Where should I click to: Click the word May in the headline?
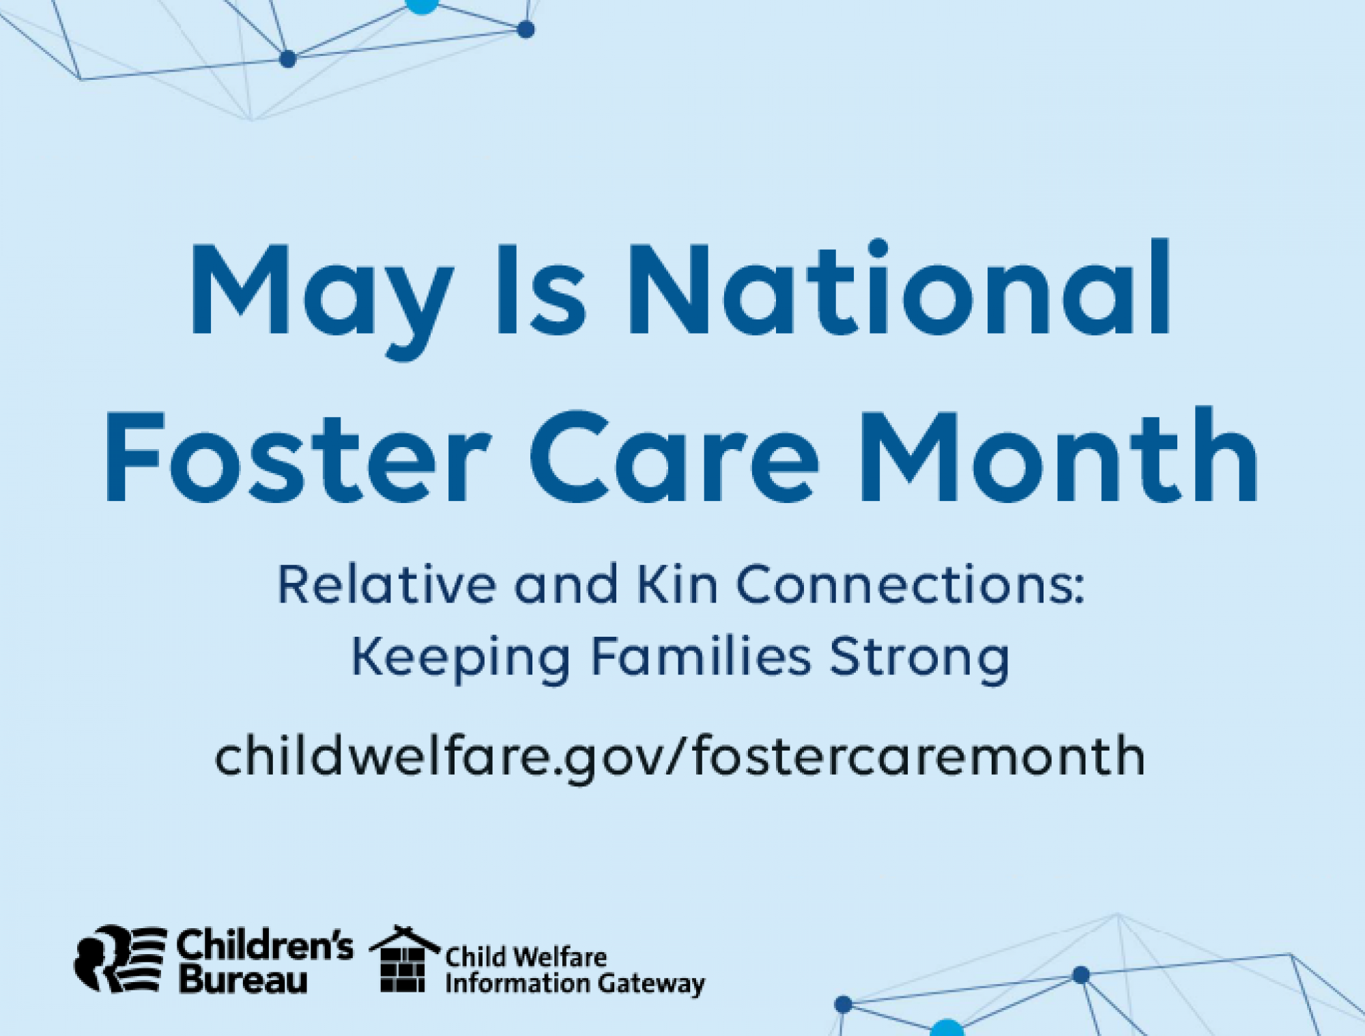coord(321,293)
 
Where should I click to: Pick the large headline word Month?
coord(1057,456)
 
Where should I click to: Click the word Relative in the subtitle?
coord(386,586)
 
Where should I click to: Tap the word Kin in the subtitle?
coord(676,586)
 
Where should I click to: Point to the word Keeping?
coord(460,658)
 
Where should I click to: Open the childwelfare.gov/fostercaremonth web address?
coord(680,757)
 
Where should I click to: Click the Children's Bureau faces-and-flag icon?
coord(120,958)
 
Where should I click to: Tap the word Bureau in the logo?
coord(243,981)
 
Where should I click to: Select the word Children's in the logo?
coord(265,945)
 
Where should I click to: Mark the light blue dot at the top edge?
coord(422,5)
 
